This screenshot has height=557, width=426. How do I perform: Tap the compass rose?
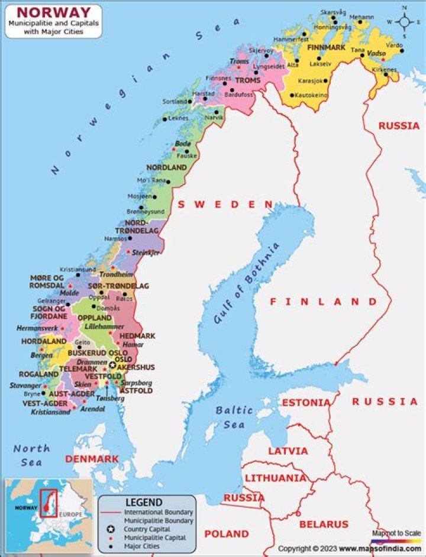405,22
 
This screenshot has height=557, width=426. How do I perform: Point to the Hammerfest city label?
291,40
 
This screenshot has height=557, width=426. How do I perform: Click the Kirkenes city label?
385,70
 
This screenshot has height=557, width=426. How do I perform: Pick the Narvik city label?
214,118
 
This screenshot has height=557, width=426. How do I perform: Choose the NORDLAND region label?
166,167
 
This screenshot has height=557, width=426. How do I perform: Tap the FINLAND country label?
323,301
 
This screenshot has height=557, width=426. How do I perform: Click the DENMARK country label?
92,459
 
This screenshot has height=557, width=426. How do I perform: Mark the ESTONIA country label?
306,403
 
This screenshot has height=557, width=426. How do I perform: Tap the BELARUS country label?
324,524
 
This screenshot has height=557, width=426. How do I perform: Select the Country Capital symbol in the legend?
110,529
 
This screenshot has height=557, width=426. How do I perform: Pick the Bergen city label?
41,355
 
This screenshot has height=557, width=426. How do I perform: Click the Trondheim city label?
116,274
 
